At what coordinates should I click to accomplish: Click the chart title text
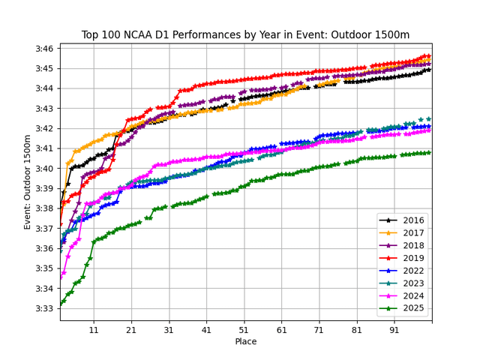245,34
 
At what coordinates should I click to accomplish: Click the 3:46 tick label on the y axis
42,49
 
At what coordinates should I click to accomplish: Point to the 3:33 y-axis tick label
42,308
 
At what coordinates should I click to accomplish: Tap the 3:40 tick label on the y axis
42,169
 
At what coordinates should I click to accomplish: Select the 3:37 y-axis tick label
42,229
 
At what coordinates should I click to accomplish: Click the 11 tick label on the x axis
94,330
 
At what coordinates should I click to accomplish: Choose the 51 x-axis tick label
244,330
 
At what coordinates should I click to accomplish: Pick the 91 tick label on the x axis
394,330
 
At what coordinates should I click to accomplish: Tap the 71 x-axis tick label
319,330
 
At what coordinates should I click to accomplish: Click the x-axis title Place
245,343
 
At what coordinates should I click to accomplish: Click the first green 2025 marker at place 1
61,303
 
